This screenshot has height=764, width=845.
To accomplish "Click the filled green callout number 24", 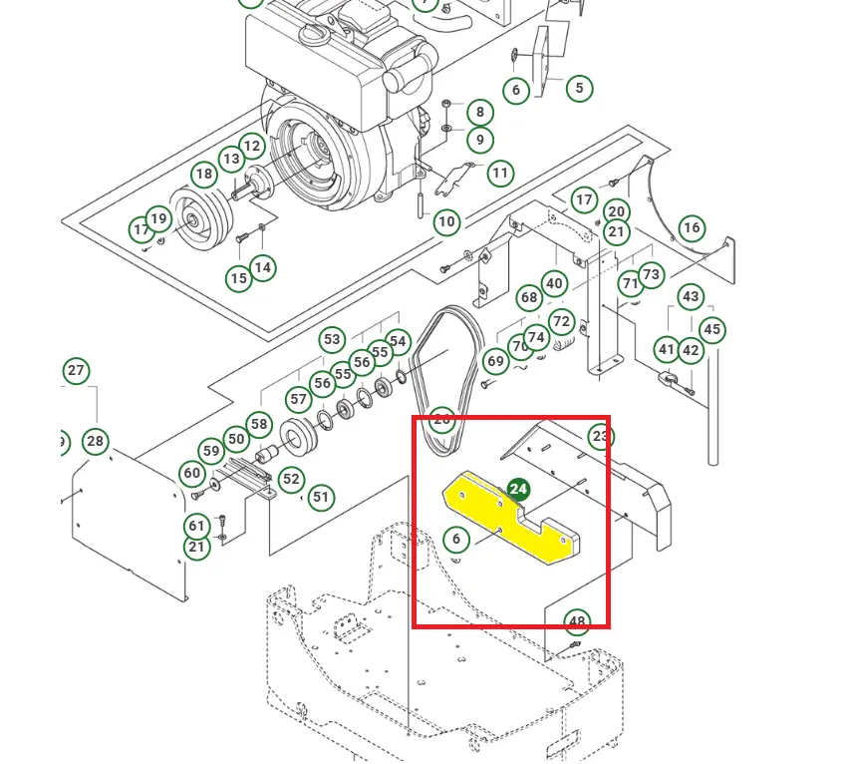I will [x=518, y=489].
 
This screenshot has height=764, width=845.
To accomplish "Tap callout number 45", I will [x=711, y=329].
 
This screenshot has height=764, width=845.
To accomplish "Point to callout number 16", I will [x=692, y=228].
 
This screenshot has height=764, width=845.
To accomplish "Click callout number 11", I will [x=500, y=173].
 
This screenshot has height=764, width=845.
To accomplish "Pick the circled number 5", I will [x=579, y=88].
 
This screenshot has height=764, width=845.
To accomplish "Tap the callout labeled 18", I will [x=204, y=175].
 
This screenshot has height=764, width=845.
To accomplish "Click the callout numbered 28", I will [x=95, y=441].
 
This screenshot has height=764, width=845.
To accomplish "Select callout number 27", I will [x=77, y=371].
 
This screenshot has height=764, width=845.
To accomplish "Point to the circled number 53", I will [x=332, y=340].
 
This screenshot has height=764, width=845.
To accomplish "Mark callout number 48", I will [x=577, y=622].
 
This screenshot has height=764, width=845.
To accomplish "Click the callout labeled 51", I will [x=320, y=497].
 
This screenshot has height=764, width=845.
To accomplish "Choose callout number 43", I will [x=691, y=296].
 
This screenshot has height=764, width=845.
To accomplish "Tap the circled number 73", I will [x=651, y=274].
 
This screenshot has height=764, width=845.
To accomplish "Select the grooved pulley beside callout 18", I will [x=199, y=217].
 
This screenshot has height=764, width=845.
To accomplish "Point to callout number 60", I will [x=191, y=473].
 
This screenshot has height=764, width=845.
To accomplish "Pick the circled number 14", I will [x=262, y=267].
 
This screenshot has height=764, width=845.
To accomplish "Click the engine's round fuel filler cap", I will [x=312, y=37].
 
